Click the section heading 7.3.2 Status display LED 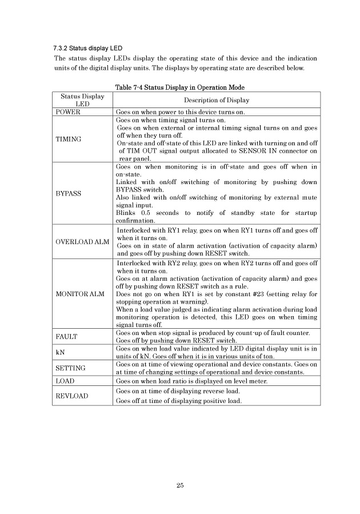point(87,47)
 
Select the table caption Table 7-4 point(180,87)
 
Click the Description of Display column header point(217,100)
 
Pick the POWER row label point(68,113)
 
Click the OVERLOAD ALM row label point(82,242)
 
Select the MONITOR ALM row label point(79,294)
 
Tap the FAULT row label point(67,336)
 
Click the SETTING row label point(70,368)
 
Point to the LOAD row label point(65,380)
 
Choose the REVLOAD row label point(71,396)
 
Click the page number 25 point(180,486)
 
